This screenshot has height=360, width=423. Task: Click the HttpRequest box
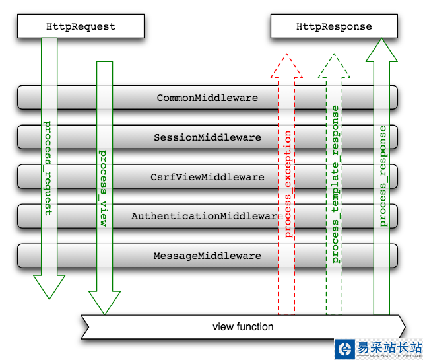tap(81, 27)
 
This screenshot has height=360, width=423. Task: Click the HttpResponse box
tap(334, 27)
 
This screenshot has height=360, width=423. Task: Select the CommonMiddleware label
tap(207, 98)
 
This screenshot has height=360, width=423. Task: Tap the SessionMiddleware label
tap(207, 138)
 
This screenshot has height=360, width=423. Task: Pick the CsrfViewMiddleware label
tap(207, 177)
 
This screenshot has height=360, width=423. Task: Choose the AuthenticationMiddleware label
tap(207, 216)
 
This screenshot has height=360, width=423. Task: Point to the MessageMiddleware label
tap(207, 256)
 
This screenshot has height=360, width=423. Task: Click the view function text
tap(243, 327)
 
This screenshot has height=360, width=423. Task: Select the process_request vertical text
tap(48, 168)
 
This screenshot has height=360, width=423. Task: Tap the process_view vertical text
tap(104, 188)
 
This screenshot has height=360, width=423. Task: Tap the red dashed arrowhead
tap(287, 66)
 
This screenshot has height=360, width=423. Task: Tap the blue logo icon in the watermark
tap(343, 349)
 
